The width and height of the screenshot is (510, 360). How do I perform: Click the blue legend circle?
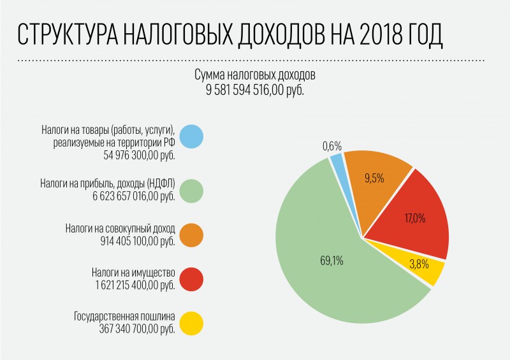point(191,136)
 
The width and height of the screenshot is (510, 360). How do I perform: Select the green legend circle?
point(191,191)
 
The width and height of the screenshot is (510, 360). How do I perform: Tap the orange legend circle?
point(191,234)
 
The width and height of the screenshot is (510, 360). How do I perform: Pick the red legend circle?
point(191,279)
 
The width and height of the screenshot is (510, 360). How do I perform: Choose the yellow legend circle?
point(191,323)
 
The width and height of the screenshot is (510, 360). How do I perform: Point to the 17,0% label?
point(415,218)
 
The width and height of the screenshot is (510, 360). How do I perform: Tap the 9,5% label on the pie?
point(374,178)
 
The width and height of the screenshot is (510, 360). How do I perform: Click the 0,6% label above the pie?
point(332,146)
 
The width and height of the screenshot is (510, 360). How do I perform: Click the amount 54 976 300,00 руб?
point(139,155)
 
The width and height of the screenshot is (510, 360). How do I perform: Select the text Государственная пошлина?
point(124,316)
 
